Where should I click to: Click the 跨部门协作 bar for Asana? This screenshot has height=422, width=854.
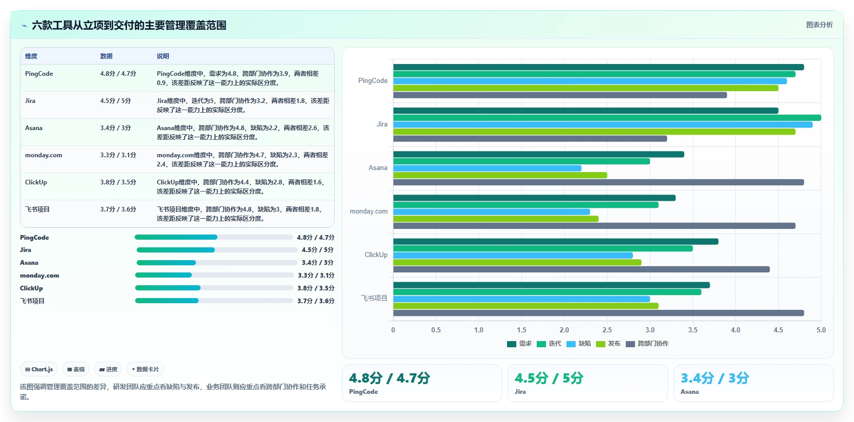(599, 182)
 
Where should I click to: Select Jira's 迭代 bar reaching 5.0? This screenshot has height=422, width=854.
(607, 118)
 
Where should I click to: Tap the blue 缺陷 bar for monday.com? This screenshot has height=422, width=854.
(491, 212)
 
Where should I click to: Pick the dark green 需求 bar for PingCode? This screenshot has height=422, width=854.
(599, 67)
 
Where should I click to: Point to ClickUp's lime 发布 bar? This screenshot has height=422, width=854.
(517, 263)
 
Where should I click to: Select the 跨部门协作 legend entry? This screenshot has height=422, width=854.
(647, 344)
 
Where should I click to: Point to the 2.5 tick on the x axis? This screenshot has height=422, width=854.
(607, 330)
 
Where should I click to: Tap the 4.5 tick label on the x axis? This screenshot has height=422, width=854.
(778, 330)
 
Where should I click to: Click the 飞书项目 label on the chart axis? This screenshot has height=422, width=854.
(374, 299)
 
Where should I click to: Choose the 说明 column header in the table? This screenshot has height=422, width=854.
(163, 56)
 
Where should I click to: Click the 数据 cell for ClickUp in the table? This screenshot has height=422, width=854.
(118, 182)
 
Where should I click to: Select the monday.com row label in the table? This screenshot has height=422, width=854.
(43, 155)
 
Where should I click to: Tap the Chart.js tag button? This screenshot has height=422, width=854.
(39, 369)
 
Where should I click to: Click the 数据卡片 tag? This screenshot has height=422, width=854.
(145, 369)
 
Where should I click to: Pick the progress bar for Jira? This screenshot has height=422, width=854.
(217, 250)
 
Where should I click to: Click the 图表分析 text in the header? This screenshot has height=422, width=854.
(819, 25)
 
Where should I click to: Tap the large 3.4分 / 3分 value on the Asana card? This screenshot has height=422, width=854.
(715, 378)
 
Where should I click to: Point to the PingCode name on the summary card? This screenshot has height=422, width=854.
(363, 392)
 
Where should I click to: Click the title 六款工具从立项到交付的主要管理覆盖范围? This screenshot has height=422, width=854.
(129, 25)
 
